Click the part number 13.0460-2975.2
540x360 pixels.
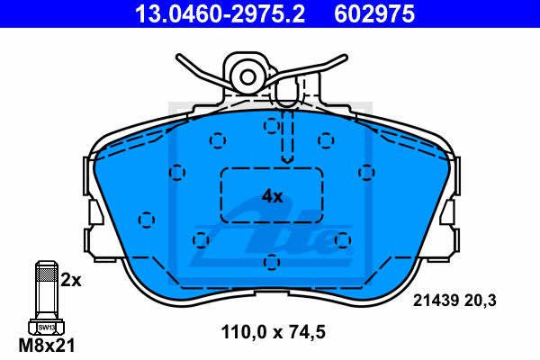tap(220, 13)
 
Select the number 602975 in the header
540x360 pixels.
tap(374, 13)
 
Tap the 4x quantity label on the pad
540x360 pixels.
tap(272, 197)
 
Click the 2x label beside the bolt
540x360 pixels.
tap(71, 281)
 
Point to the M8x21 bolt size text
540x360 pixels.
tap(47, 346)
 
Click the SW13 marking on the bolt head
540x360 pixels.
tap(47, 328)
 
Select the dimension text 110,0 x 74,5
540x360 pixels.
tap(273, 332)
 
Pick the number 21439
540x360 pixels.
tap(436, 301)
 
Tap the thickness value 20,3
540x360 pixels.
tap(481, 301)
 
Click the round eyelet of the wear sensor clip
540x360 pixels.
tap(247, 77)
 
